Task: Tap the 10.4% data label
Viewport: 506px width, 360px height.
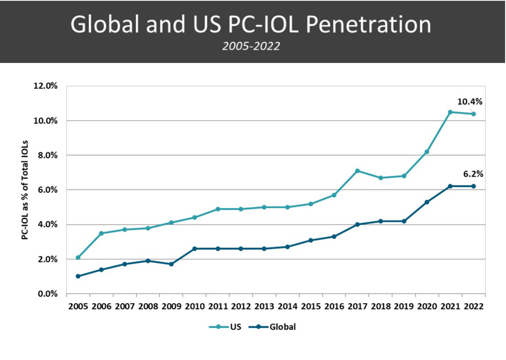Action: point(470,102)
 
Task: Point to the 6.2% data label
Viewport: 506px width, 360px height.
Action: point(473,174)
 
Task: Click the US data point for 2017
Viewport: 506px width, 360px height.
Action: point(357,170)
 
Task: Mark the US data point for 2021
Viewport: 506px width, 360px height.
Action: point(450,112)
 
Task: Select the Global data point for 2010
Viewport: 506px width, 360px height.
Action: point(194,249)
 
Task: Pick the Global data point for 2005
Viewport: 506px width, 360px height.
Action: point(78,276)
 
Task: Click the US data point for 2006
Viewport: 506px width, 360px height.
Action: point(101,233)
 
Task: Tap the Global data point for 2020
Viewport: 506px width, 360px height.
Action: point(427,202)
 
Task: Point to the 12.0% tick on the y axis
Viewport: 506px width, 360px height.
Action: point(46,86)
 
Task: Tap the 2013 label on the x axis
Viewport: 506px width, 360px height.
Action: point(264,307)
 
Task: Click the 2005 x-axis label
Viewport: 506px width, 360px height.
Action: point(78,307)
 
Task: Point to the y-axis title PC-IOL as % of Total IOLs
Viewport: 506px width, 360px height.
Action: point(25,190)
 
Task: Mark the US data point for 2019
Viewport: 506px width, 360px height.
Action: point(404,175)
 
